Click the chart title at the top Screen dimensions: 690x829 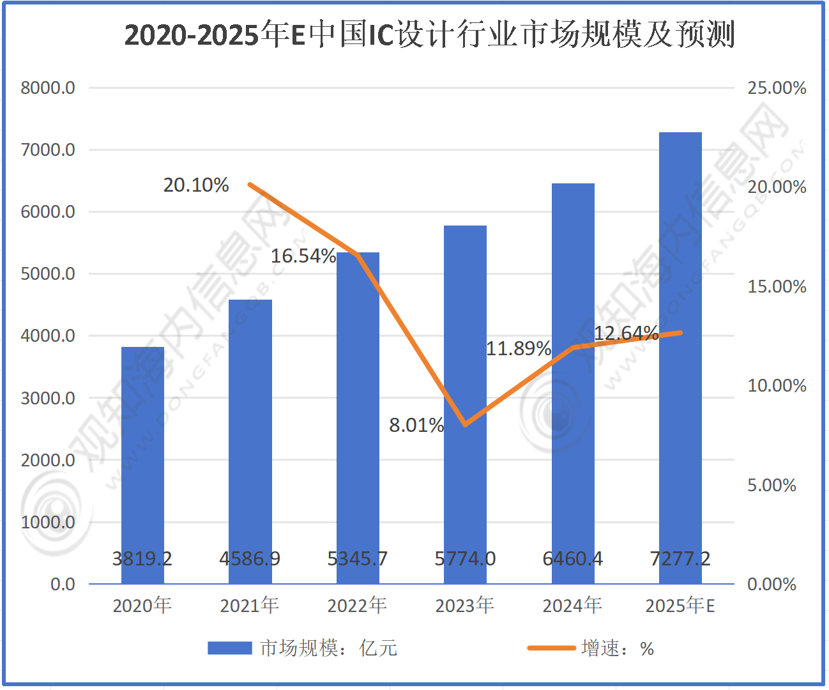click(429, 34)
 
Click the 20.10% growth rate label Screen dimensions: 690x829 click(195, 185)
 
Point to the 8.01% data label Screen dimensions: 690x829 click(416, 425)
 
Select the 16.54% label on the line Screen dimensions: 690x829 click(303, 256)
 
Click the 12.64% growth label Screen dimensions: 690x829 click(626, 333)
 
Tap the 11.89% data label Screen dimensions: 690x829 click(518, 349)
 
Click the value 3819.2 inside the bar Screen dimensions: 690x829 click(142, 559)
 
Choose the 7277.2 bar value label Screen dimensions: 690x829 click(680, 559)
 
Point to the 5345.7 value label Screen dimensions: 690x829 click(357, 559)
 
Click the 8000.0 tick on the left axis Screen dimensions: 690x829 click(48, 88)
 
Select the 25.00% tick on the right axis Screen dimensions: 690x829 click(777, 88)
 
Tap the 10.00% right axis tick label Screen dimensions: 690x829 click(777, 386)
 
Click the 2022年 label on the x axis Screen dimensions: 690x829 click(357, 605)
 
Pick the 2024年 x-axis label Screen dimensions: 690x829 click(572, 605)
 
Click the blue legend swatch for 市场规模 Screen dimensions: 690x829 click(230, 648)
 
